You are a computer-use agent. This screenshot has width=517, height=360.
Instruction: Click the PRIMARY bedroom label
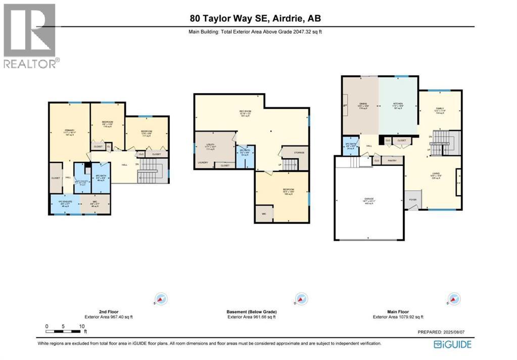point(69,131)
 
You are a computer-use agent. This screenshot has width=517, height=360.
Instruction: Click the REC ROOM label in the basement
point(246,112)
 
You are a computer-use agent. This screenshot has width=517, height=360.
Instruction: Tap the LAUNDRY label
point(203,162)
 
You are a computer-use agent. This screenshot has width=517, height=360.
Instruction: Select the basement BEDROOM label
point(288,190)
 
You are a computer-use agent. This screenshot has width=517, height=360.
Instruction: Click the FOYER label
point(412,200)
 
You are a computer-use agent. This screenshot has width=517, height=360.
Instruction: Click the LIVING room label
point(435,175)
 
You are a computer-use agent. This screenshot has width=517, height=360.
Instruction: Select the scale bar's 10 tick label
point(81,326)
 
